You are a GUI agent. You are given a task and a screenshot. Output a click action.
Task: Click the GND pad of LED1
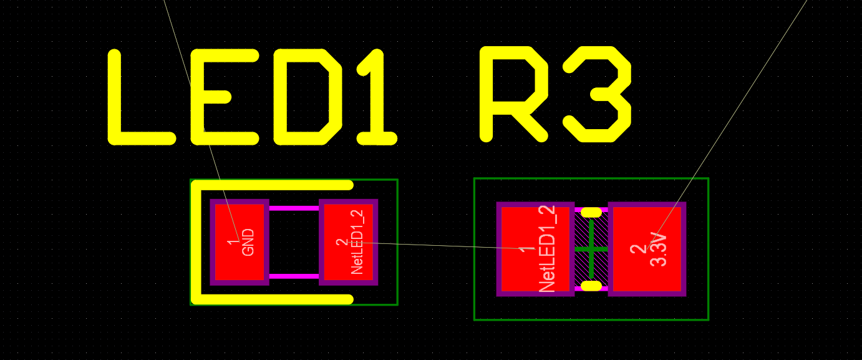pyautogui.click(x=240, y=242)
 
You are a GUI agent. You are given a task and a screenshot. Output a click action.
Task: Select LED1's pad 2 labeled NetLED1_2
pyautogui.click(x=348, y=242)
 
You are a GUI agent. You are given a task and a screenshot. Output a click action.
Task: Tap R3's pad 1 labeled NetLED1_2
pyautogui.click(x=535, y=249)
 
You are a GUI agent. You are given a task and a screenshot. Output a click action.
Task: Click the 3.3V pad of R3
pyautogui.click(x=647, y=249)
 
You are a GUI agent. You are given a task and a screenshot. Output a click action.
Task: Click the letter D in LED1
pyautogui.click(x=308, y=97)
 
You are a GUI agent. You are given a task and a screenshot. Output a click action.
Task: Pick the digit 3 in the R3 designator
pyautogui.click(x=598, y=94)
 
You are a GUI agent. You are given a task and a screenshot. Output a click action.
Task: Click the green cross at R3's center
pyautogui.click(x=591, y=249)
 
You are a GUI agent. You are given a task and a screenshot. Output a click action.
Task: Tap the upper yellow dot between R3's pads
pyautogui.click(x=591, y=212)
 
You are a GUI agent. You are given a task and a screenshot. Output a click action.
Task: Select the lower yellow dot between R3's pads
pyautogui.click(x=591, y=286)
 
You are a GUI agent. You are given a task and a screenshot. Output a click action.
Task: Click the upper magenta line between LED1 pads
pyautogui.click(x=294, y=208)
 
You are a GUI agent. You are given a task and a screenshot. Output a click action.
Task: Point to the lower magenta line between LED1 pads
pyautogui.click(x=294, y=276)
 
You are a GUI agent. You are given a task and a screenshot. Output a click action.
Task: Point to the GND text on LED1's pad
pyautogui.click(x=248, y=242)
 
